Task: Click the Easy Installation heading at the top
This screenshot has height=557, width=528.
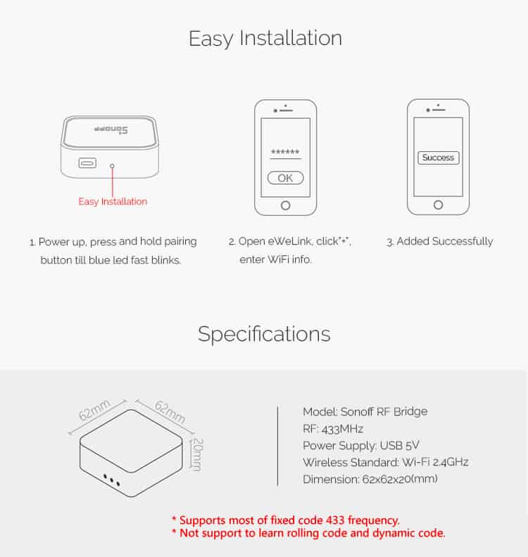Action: click(x=265, y=38)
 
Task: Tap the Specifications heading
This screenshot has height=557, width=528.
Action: click(x=264, y=333)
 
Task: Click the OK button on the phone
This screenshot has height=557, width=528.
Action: click(x=285, y=178)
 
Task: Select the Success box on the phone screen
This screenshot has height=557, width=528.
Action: click(x=438, y=158)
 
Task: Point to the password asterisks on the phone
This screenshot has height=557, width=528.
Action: click(x=285, y=153)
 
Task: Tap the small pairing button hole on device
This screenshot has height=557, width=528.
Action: click(x=113, y=166)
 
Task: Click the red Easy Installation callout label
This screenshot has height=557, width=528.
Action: click(x=113, y=202)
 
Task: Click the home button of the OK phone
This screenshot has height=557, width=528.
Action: click(x=285, y=205)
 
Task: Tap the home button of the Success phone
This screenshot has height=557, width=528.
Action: click(x=438, y=205)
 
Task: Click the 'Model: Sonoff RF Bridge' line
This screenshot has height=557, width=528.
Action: click(x=365, y=411)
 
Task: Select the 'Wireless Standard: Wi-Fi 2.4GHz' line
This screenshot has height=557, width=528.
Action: click(x=385, y=462)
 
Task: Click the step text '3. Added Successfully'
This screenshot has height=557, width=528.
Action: click(x=439, y=241)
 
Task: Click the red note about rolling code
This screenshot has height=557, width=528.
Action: click(x=308, y=534)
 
